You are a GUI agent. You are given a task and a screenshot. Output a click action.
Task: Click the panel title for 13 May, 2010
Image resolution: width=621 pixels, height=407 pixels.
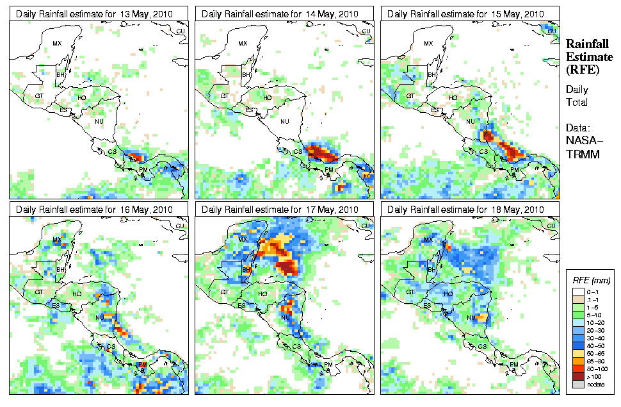95,13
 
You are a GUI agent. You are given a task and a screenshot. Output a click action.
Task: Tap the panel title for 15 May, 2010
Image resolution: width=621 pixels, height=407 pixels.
466,13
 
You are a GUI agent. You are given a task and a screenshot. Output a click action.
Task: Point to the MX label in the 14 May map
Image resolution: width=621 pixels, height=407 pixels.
242,44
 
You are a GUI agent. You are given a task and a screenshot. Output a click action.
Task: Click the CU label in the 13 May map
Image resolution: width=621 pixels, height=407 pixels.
180,31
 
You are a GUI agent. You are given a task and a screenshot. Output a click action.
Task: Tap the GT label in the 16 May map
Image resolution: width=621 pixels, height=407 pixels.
38,292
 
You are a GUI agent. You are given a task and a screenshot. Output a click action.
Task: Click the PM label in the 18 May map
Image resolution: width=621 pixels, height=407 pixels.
513,365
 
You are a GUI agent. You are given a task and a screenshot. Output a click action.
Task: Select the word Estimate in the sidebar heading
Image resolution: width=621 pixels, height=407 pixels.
589,57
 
